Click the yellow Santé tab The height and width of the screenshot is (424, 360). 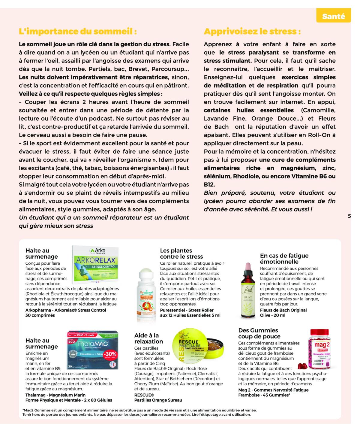(x=333, y=17)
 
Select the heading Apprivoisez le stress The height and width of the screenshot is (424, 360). (x=252, y=31)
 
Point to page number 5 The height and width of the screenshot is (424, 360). (x=349, y=216)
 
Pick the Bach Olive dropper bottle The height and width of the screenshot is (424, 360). (x=248, y=291)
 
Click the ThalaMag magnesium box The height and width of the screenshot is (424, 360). (x=92, y=350)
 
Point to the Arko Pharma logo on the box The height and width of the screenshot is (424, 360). (x=98, y=251)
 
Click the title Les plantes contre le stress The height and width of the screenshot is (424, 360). (x=181, y=254)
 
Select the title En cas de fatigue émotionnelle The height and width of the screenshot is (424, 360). (x=284, y=259)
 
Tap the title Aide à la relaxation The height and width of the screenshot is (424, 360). (x=148, y=338)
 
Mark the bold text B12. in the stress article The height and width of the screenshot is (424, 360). (x=209, y=185)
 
